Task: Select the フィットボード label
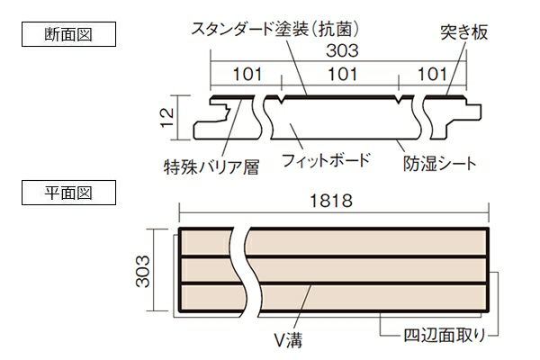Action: [x=325, y=162]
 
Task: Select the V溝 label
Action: [x=285, y=340]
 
